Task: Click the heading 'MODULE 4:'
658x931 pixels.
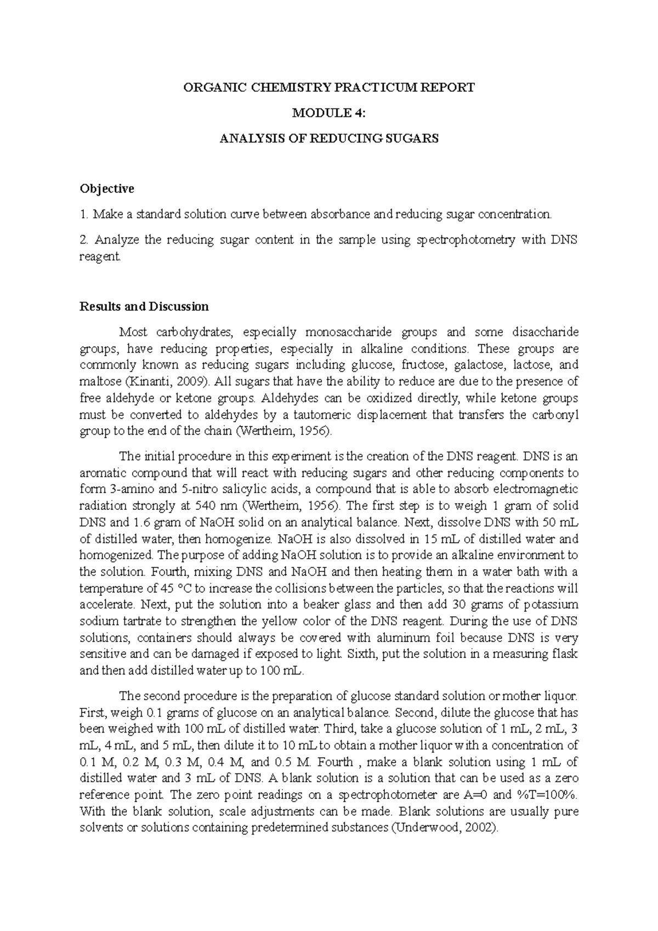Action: pos(328,113)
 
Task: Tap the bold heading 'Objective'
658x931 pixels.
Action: pos(106,189)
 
